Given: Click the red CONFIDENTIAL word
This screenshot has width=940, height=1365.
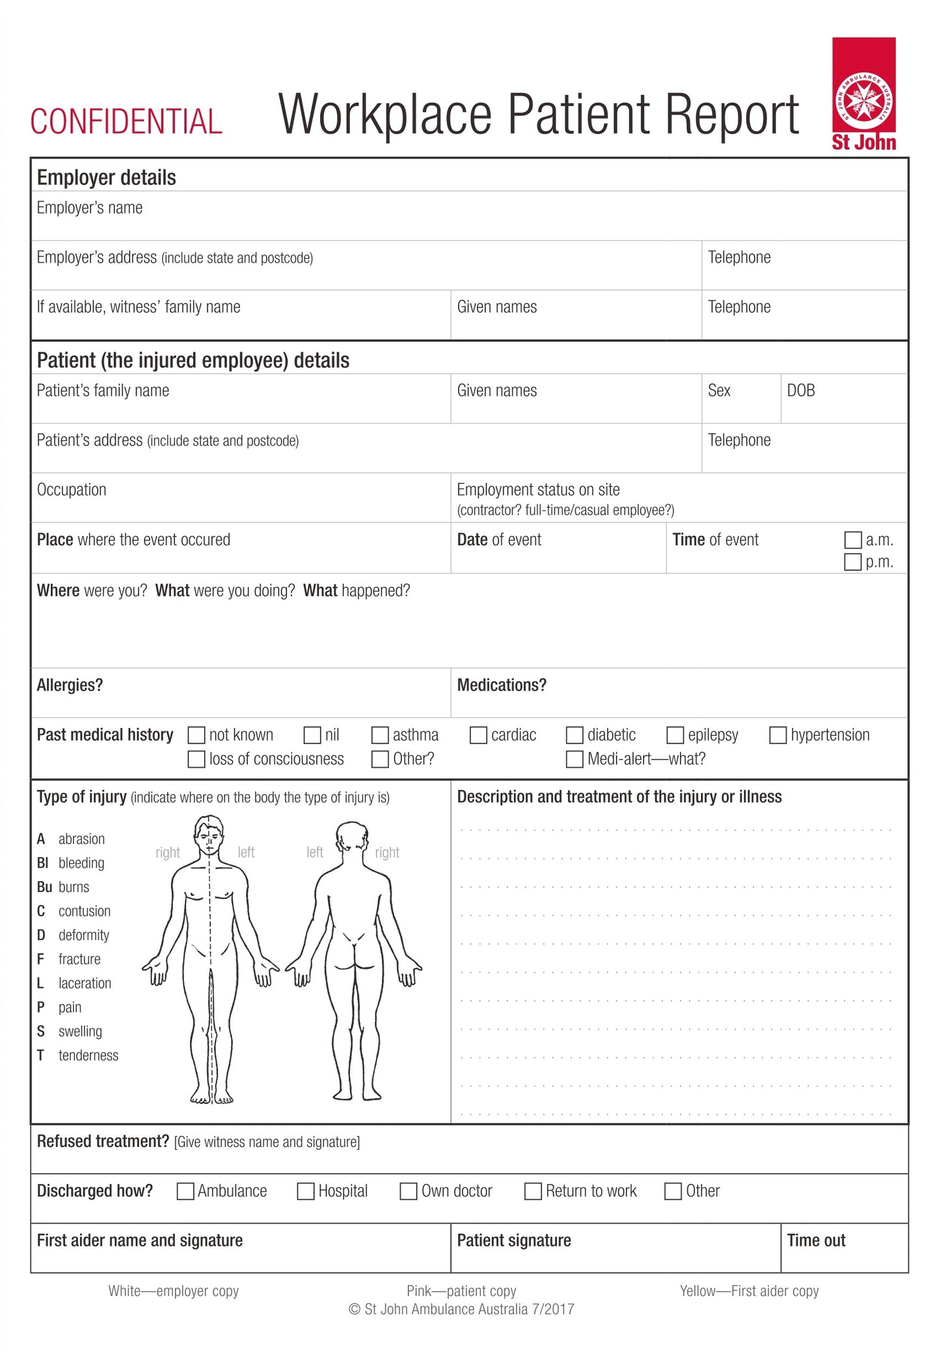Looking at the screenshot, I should click(x=126, y=122).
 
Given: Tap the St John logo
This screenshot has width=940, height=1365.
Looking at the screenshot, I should click(x=863, y=94).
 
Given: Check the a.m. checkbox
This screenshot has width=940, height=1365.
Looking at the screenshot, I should click(x=852, y=540).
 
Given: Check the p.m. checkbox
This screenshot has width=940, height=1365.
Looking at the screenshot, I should click(x=852, y=562).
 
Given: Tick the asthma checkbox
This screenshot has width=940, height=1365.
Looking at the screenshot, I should click(x=380, y=735).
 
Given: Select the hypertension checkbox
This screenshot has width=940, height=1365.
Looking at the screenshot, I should click(x=778, y=735).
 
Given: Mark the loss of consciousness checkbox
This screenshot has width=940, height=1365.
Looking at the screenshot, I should click(x=196, y=759).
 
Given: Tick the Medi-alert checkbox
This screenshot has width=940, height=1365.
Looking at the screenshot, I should click(x=574, y=759).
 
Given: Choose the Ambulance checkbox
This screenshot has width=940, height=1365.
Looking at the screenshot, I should click(x=185, y=1191).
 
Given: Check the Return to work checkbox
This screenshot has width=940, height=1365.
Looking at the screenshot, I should click(x=533, y=1191).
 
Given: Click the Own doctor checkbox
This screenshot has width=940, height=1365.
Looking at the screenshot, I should click(x=408, y=1191).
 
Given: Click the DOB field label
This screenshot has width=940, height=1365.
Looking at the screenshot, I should click(x=800, y=390).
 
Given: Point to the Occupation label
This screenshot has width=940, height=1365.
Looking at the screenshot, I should click(x=72, y=490).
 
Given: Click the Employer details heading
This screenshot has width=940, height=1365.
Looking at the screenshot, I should click(x=106, y=178).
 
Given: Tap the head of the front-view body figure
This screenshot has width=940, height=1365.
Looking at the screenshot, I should click(x=209, y=837).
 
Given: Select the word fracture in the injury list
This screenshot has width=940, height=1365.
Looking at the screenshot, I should click(x=79, y=959).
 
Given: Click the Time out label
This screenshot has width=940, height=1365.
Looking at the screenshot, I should click(x=816, y=1241).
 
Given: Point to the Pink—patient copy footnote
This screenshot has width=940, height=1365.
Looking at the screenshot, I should click(x=461, y=1291).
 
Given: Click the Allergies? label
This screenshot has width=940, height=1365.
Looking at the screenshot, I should click(x=70, y=685).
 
